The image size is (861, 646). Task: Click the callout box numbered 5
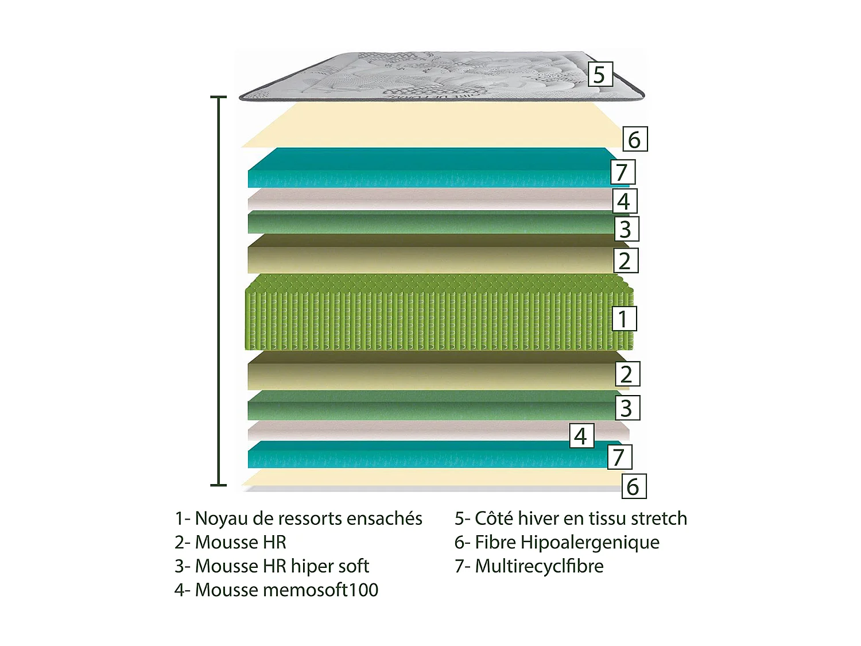(x=599, y=75)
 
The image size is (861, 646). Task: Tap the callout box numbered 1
(x=623, y=318)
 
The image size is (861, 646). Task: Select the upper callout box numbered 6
(x=635, y=140)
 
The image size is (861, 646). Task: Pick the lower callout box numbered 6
(x=634, y=486)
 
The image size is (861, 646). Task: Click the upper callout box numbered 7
(x=622, y=172)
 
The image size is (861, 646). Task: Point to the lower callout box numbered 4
(x=581, y=436)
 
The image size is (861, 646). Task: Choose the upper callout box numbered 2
(x=625, y=260)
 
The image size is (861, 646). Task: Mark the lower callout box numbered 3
(x=627, y=408)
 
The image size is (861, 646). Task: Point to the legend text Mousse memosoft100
(x=277, y=590)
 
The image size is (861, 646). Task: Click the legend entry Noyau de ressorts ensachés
(x=298, y=519)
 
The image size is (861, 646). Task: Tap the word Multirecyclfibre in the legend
(x=539, y=566)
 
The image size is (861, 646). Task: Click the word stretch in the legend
(x=658, y=519)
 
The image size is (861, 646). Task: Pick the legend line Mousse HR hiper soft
(x=272, y=566)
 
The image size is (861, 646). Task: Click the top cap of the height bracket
(x=218, y=98)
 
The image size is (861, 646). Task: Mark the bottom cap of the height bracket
(x=218, y=485)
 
